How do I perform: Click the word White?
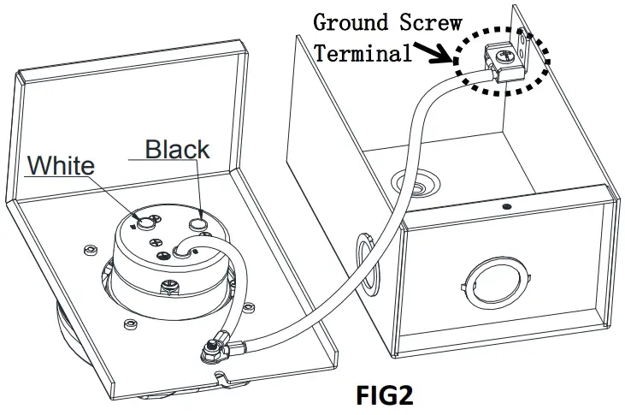click(x=61, y=164)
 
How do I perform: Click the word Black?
click(x=177, y=149)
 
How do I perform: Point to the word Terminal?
click(x=363, y=53)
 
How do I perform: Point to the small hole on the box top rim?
click(x=506, y=206)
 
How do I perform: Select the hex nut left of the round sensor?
click(x=90, y=250)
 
